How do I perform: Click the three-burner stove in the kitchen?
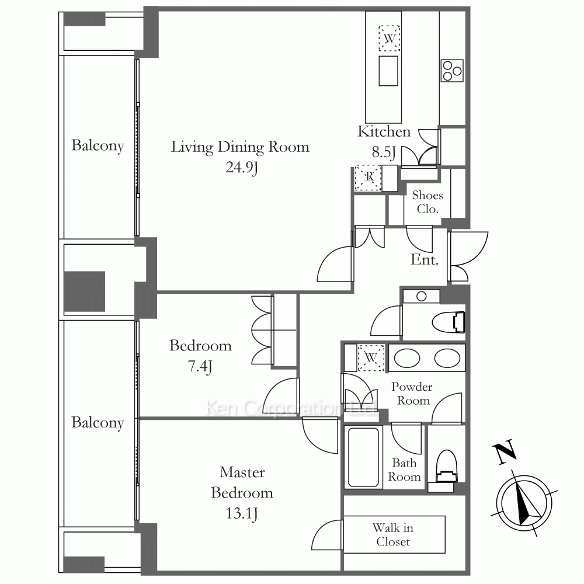tap(452, 71)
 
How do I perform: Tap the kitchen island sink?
tap(388, 71)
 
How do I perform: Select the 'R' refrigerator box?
tap(368, 178)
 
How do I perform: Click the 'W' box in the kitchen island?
tap(389, 38)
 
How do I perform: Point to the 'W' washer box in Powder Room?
tap(371, 358)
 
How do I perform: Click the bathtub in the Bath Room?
tap(363, 457)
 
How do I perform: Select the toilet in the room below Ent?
tap(449, 322)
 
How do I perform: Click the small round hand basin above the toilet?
tap(421, 297)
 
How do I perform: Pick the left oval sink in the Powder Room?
tap(407, 358)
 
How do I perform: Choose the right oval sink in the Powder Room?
tap(447, 358)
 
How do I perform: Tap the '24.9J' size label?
tap(242, 168)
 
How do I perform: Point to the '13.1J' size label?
tap(242, 513)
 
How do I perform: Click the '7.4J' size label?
tap(200, 367)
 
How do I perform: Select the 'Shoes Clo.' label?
tap(427, 202)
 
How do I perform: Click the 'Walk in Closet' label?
tap(393, 534)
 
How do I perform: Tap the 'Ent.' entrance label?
tap(424, 260)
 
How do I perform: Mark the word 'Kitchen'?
tap(384, 131)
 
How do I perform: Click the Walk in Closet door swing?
tap(327, 535)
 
